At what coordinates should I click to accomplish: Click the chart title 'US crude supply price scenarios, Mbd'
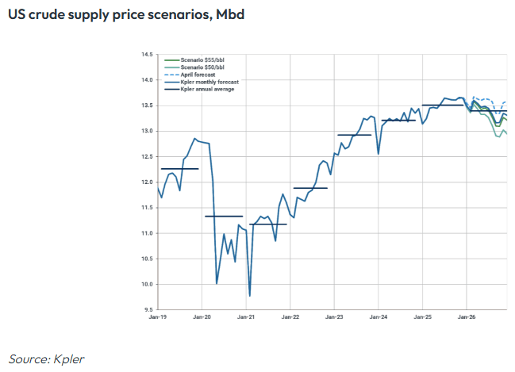[x=120, y=15]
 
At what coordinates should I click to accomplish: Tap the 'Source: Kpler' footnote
[x=46, y=359]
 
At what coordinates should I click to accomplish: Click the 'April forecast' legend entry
[x=194, y=75]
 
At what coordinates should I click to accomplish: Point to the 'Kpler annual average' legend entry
[x=202, y=89]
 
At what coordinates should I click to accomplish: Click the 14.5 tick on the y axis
[x=147, y=55]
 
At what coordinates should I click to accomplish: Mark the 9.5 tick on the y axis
[x=147, y=309]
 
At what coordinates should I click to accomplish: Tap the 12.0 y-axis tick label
[x=147, y=182]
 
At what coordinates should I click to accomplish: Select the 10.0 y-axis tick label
[x=147, y=284]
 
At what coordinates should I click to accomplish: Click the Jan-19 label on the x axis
[x=158, y=316]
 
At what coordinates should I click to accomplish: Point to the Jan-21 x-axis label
[x=247, y=316]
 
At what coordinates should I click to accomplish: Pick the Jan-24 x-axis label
[x=379, y=316]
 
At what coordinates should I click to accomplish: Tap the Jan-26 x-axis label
[x=467, y=316]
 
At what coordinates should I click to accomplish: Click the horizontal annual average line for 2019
[x=179, y=169]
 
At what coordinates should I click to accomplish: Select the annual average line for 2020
[x=224, y=216]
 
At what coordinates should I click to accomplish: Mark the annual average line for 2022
[x=310, y=188]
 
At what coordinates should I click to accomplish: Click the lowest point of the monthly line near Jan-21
[x=250, y=296]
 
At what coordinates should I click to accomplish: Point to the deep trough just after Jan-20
[x=217, y=283]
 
